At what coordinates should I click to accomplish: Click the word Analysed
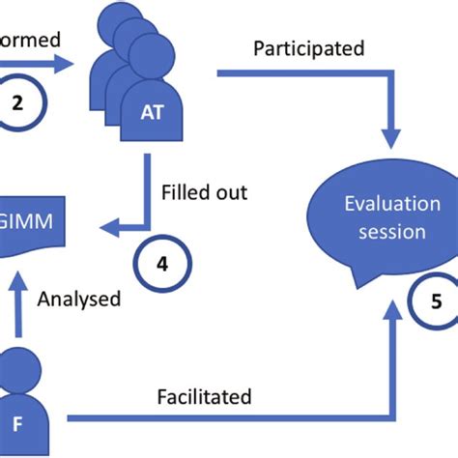point(79,299)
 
